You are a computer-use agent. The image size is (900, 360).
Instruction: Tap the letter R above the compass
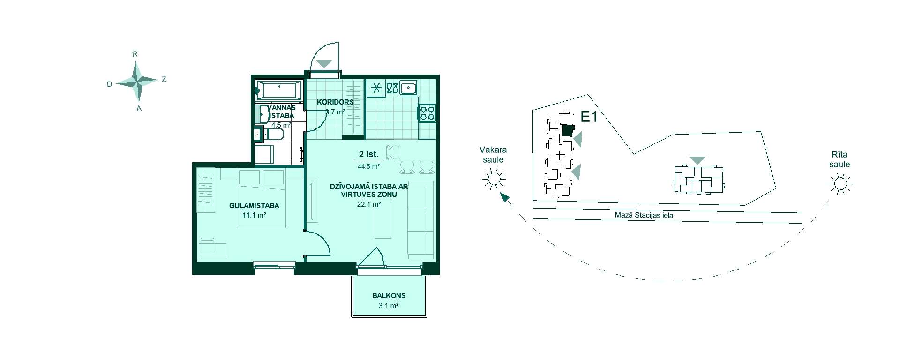tap(135, 54)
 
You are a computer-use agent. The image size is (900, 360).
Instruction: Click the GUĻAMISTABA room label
tap(254, 205)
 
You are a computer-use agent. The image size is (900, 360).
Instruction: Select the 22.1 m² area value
tap(369, 204)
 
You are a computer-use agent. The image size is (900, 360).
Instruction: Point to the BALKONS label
tap(389, 296)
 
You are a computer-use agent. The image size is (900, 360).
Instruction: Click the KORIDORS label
tap(335, 102)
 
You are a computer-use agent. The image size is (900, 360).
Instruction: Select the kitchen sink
tap(409, 88)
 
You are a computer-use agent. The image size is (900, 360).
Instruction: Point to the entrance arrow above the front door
tap(324, 63)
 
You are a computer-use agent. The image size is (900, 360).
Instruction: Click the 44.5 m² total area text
tap(369, 166)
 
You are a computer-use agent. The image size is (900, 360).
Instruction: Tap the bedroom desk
tap(213, 248)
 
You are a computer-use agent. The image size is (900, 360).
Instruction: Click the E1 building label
tap(589, 117)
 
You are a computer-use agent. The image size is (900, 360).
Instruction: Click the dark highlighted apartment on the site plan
tap(568, 131)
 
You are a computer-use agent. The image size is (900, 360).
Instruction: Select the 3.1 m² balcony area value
tap(389, 306)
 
